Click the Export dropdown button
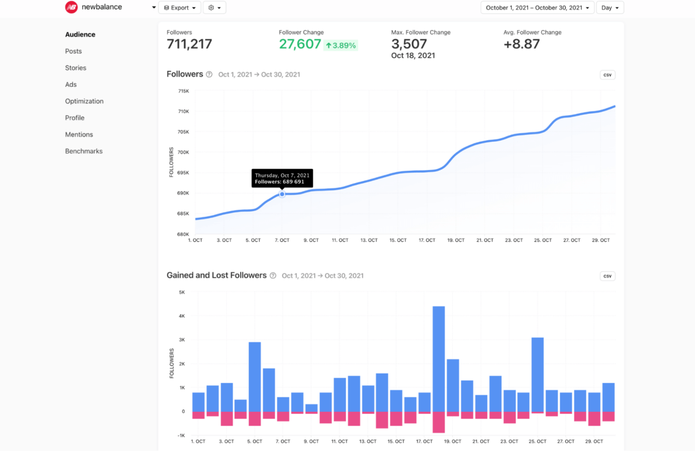[x=180, y=7]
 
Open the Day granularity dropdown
[x=610, y=7]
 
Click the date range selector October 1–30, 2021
[x=537, y=7]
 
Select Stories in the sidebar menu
[x=75, y=68]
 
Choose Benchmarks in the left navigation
[x=84, y=151]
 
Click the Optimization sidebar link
[x=84, y=101]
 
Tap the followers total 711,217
[x=189, y=44]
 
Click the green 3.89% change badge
[x=341, y=46]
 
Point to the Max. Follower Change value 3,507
[x=409, y=44]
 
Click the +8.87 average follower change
[x=521, y=44]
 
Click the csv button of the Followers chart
[x=607, y=75]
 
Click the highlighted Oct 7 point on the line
[x=282, y=194]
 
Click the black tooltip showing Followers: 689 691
[x=282, y=178]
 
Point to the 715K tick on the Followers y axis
[x=183, y=91]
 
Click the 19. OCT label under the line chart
[x=456, y=240]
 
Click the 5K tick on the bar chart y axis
[x=182, y=292]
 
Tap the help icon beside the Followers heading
[x=209, y=74]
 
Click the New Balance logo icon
[x=71, y=7]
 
